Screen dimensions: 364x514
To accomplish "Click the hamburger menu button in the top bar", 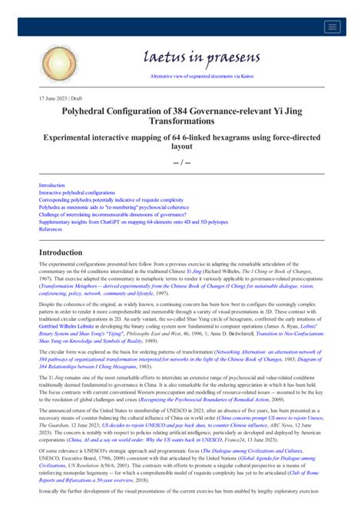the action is pos(332,27).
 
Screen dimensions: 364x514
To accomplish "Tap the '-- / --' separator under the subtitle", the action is pos(181,163).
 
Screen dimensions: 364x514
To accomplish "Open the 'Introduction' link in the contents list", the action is pos(51,186).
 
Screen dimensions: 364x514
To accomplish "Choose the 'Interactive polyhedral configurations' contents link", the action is pos(76,193).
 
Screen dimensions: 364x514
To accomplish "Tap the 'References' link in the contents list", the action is pos(51,229).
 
